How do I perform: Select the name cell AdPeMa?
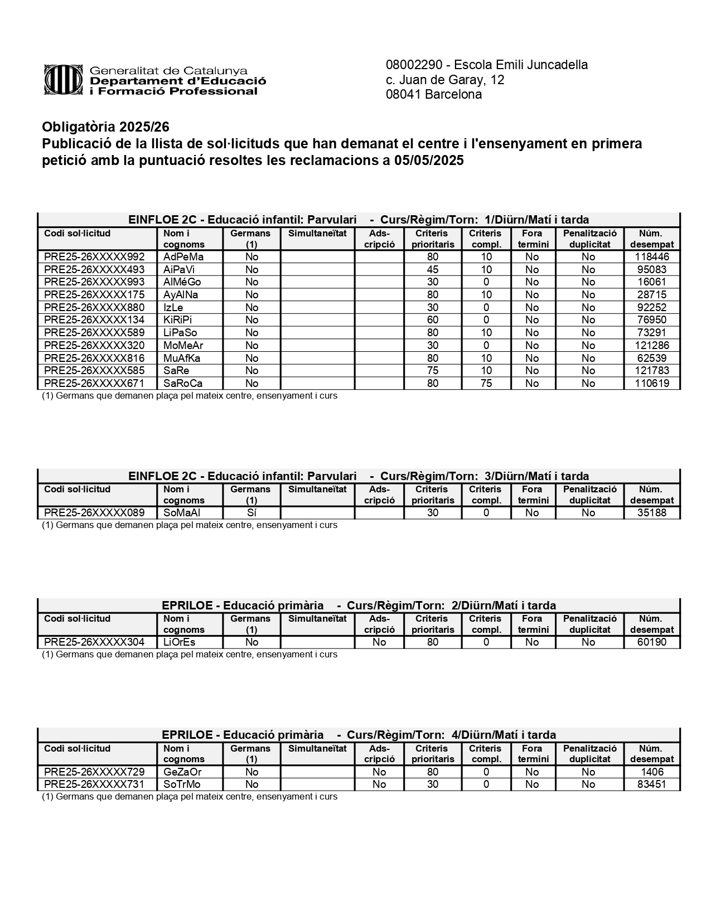click(x=183, y=257)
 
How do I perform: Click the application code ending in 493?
click(x=94, y=270)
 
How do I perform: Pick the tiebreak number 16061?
click(x=651, y=282)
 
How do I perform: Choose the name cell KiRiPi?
click(x=177, y=320)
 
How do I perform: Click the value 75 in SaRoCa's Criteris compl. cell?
click(x=486, y=384)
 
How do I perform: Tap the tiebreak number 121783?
click(x=651, y=371)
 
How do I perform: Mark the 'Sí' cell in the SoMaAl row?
click(x=251, y=513)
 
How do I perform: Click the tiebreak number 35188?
click(x=651, y=513)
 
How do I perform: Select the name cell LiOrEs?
click(x=179, y=642)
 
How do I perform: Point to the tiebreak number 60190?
click(x=651, y=642)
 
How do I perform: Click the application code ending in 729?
click(x=94, y=772)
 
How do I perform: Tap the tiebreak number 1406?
click(x=651, y=772)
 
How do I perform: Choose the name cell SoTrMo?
click(x=182, y=785)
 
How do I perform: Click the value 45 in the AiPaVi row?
click(x=432, y=270)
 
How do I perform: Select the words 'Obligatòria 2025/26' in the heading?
click(x=105, y=127)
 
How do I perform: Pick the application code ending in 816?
click(x=94, y=359)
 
